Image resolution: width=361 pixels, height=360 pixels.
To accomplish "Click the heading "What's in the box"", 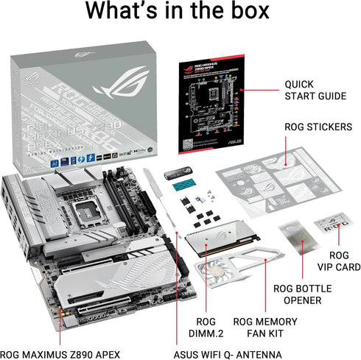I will click(180, 15).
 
